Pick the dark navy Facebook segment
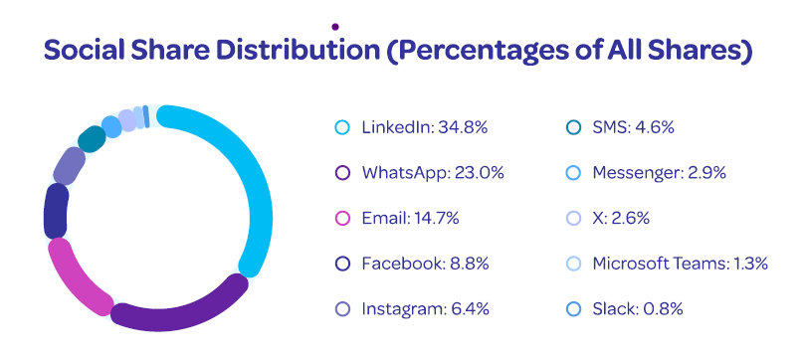56,210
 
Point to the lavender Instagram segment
70,165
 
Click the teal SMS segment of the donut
92,139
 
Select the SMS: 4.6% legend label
634,127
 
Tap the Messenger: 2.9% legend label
659,172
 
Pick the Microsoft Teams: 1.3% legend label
680,263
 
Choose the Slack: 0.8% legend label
637,308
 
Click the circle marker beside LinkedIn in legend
342,127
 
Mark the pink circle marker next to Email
342,218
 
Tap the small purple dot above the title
336,26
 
